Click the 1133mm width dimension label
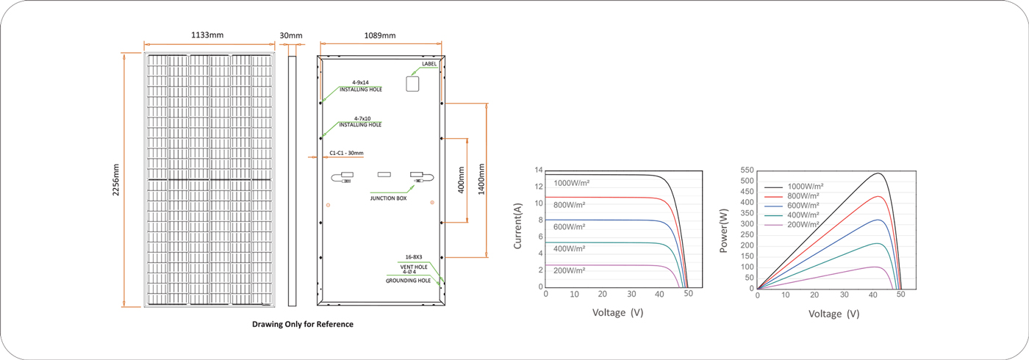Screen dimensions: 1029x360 coord(207,35)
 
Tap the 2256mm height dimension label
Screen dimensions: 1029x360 coord(116,179)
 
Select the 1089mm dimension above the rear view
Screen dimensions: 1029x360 coord(380,35)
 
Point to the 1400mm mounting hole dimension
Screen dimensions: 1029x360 coord(481,179)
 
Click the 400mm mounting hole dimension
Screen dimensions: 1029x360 coord(462,180)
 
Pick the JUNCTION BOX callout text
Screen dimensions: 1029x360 coord(388,198)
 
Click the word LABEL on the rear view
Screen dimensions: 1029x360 coord(429,64)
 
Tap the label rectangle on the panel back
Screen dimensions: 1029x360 coord(412,84)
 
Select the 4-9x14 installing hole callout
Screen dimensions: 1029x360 coord(361,86)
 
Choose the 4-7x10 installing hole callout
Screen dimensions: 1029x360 coord(360,122)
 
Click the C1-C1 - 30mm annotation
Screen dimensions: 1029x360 coord(346,153)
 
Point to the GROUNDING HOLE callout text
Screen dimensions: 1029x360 coord(408,281)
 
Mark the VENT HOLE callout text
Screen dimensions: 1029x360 coord(413,267)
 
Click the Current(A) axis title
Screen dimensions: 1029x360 coord(517,226)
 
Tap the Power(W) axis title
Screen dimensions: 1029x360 coord(724,231)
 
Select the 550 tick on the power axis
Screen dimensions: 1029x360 coord(747,170)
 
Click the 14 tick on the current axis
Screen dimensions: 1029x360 coord(538,170)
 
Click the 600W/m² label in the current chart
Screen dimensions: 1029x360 coord(569,227)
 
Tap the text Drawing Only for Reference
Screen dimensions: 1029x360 coord(303,324)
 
